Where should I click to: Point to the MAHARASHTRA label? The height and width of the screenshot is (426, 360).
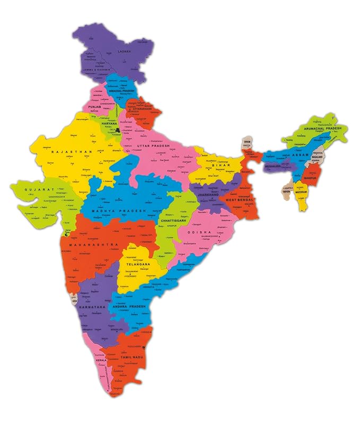tap(97, 244)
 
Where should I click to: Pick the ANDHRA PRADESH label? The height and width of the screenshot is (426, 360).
tap(129, 307)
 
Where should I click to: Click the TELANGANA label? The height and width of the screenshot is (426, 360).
tap(135, 264)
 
